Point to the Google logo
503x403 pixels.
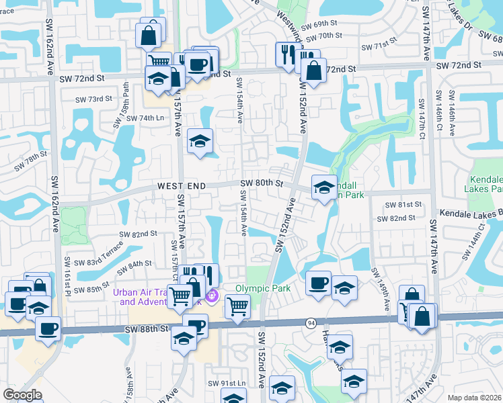point(22,395)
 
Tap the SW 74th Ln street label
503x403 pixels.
point(146,118)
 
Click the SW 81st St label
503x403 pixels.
point(404,204)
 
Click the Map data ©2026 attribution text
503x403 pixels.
point(474,398)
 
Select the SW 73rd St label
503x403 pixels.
point(93,99)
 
